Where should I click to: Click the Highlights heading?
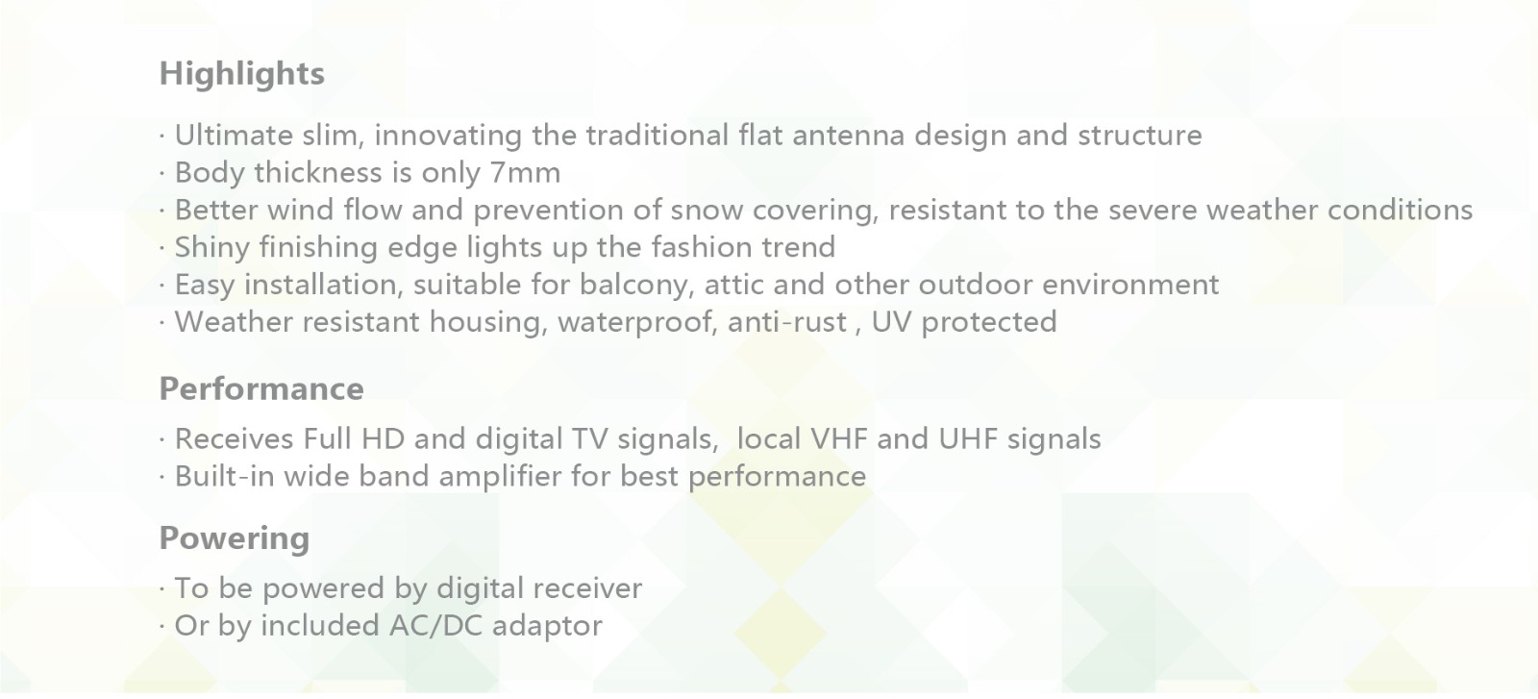click(x=241, y=74)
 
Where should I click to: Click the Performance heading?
click(x=261, y=388)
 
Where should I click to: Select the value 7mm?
click(x=525, y=172)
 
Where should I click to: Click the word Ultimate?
click(x=234, y=135)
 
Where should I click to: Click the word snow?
click(x=707, y=211)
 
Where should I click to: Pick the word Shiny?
click(x=212, y=248)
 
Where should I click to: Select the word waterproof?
click(x=637, y=323)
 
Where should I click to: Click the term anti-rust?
click(x=787, y=322)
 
